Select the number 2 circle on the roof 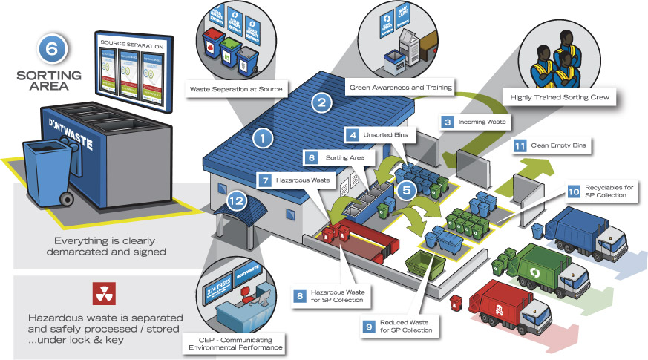[320, 103]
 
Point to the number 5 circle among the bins [404, 191]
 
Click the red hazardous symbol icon [103, 294]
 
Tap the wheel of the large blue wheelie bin [66, 199]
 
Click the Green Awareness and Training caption [401, 87]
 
